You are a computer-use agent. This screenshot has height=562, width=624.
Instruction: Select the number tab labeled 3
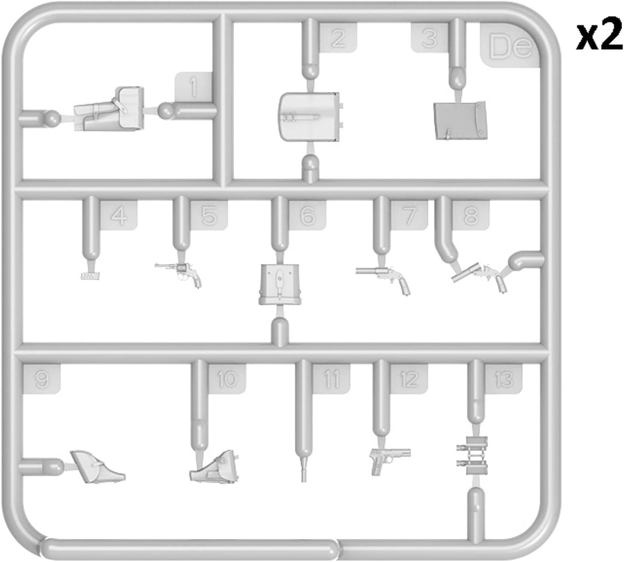pos(429,38)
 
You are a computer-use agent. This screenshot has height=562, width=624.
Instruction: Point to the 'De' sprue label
pos(510,46)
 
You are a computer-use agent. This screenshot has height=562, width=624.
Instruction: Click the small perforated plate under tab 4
pos(90,276)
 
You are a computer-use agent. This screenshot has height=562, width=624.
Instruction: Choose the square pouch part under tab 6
pos(280,284)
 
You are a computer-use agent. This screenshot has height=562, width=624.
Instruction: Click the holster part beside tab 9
pos(96,467)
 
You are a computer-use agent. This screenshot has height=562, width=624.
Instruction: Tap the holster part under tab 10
pos(214,467)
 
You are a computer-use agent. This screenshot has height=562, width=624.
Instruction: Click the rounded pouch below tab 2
pos(309,117)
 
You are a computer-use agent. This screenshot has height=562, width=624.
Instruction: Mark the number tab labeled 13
pos(503,379)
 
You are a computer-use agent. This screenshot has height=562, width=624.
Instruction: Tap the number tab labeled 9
pos(41,379)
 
